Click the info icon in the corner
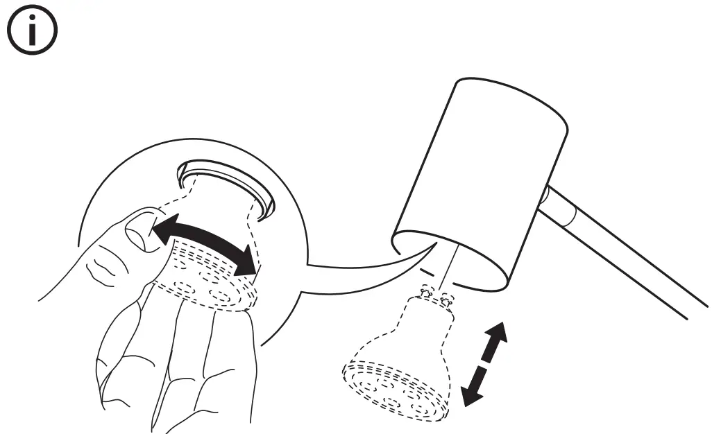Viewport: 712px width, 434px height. click(x=32, y=33)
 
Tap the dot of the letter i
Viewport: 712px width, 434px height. click(x=32, y=21)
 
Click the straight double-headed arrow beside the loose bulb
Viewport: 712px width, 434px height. click(x=484, y=363)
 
